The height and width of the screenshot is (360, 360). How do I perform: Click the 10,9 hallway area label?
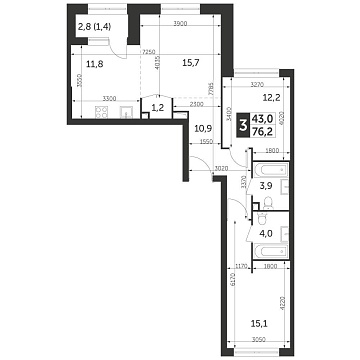point(203,128)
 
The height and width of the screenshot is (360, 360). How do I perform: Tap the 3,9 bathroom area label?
point(266,186)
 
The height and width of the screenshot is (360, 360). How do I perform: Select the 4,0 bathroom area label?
point(266,236)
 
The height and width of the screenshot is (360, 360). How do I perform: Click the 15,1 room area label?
point(264,322)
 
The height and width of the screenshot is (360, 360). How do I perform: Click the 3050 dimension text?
point(259,342)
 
